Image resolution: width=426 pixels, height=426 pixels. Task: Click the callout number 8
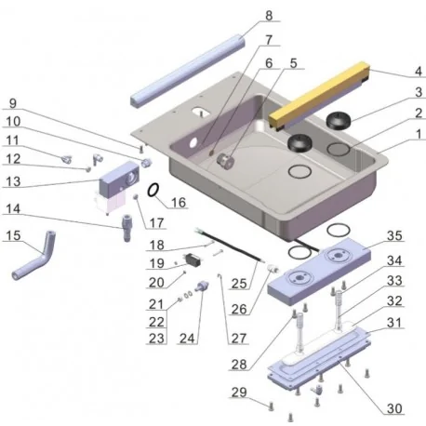269,15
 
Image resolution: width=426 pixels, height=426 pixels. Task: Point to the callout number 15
13,236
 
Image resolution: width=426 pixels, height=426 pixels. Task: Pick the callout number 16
179,202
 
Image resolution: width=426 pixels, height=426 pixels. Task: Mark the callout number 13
13,181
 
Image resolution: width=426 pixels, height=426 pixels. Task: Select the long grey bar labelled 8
186,70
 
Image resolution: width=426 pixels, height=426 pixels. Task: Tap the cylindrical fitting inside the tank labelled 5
225,159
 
